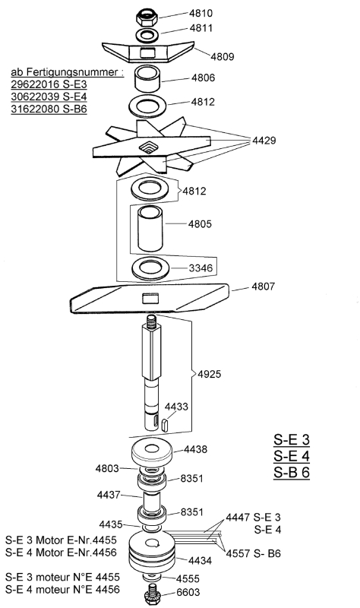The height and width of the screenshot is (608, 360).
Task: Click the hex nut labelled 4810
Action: [x=147, y=17]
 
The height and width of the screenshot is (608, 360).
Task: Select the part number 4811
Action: [x=201, y=28]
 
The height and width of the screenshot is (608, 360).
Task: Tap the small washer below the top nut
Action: [x=147, y=35]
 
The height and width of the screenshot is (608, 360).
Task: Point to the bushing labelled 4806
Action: [x=147, y=80]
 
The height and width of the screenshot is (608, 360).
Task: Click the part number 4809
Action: [x=223, y=56]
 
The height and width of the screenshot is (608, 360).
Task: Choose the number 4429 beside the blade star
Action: [x=264, y=141]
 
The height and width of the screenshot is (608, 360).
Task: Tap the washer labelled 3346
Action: [x=151, y=268]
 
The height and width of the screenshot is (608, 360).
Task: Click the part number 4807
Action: [x=264, y=287]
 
